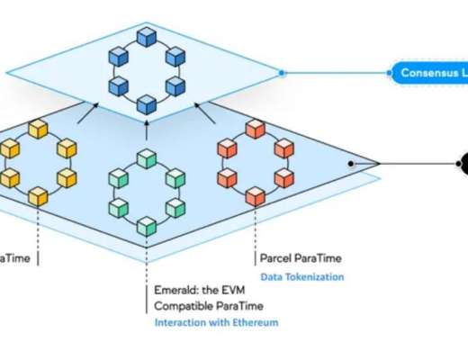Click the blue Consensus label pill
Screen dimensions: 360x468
428,72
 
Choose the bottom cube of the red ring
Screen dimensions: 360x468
256,193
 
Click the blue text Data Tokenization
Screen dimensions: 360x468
301,276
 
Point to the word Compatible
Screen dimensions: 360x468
184,306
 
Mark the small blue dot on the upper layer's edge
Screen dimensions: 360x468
282,72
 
